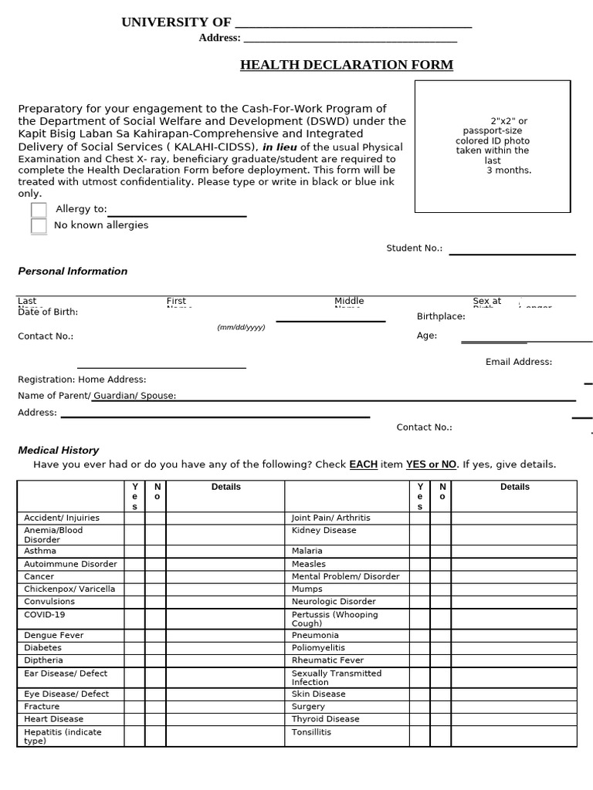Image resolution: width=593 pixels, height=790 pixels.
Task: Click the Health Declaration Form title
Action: click(x=347, y=65)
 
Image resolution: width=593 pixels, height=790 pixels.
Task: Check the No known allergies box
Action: click(x=39, y=226)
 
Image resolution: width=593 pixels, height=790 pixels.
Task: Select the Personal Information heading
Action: click(x=73, y=272)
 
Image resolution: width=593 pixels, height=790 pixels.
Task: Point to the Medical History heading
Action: click(x=59, y=451)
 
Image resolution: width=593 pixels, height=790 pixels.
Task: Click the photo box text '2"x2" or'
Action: click(x=509, y=121)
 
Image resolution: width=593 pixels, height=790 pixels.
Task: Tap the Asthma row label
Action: click(x=40, y=552)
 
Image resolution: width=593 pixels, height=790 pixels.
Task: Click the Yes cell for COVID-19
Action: click(x=134, y=620)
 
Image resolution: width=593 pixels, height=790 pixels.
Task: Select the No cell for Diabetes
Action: click(x=155, y=648)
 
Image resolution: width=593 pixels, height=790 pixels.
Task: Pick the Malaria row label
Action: click(x=307, y=552)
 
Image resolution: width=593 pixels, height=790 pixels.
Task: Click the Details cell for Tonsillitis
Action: click(x=513, y=736)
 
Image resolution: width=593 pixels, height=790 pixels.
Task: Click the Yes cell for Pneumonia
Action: click(x=420, y=636)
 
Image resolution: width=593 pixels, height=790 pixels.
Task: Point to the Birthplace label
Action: click(x=441, y=317)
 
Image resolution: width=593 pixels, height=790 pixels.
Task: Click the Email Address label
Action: click(x=518, y=363)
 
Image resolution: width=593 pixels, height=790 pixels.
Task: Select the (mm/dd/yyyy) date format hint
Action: click(x=241, y=327)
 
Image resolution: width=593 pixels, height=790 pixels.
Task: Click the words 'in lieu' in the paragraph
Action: click(x=280, y=147)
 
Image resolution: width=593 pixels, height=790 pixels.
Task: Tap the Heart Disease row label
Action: click(x=54, y=719)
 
